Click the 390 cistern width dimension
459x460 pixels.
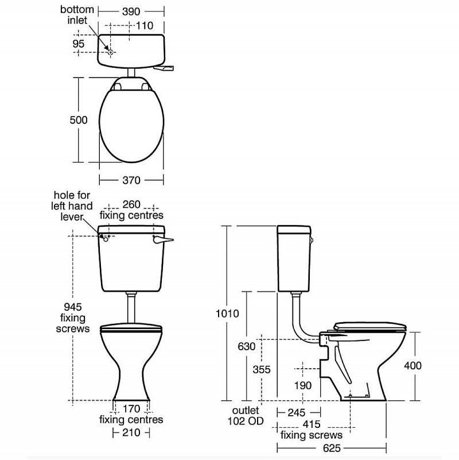131,11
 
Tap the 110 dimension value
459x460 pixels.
145,26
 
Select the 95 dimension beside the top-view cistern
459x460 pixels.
79,44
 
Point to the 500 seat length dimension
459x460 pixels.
79,120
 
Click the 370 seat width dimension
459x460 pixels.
131,180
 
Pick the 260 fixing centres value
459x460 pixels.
131,204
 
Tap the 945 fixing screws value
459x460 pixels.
73,307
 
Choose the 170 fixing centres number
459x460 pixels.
131,409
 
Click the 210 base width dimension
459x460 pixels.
131,432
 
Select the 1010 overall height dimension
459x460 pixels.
227,314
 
